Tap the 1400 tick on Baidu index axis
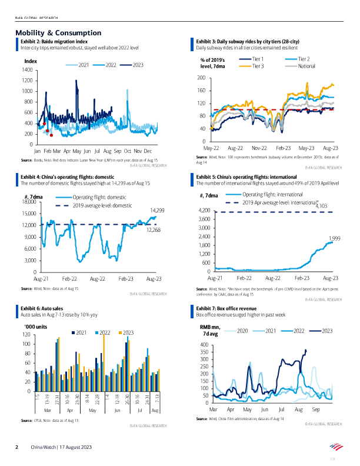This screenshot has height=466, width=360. click(x=27, y=70)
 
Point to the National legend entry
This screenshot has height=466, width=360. click(x=307, y=66)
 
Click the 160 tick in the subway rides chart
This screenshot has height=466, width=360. click(x=201, y=91)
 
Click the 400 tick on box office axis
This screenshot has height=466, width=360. click(x=204, y=345)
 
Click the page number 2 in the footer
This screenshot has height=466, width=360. click(x=16, y=448)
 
